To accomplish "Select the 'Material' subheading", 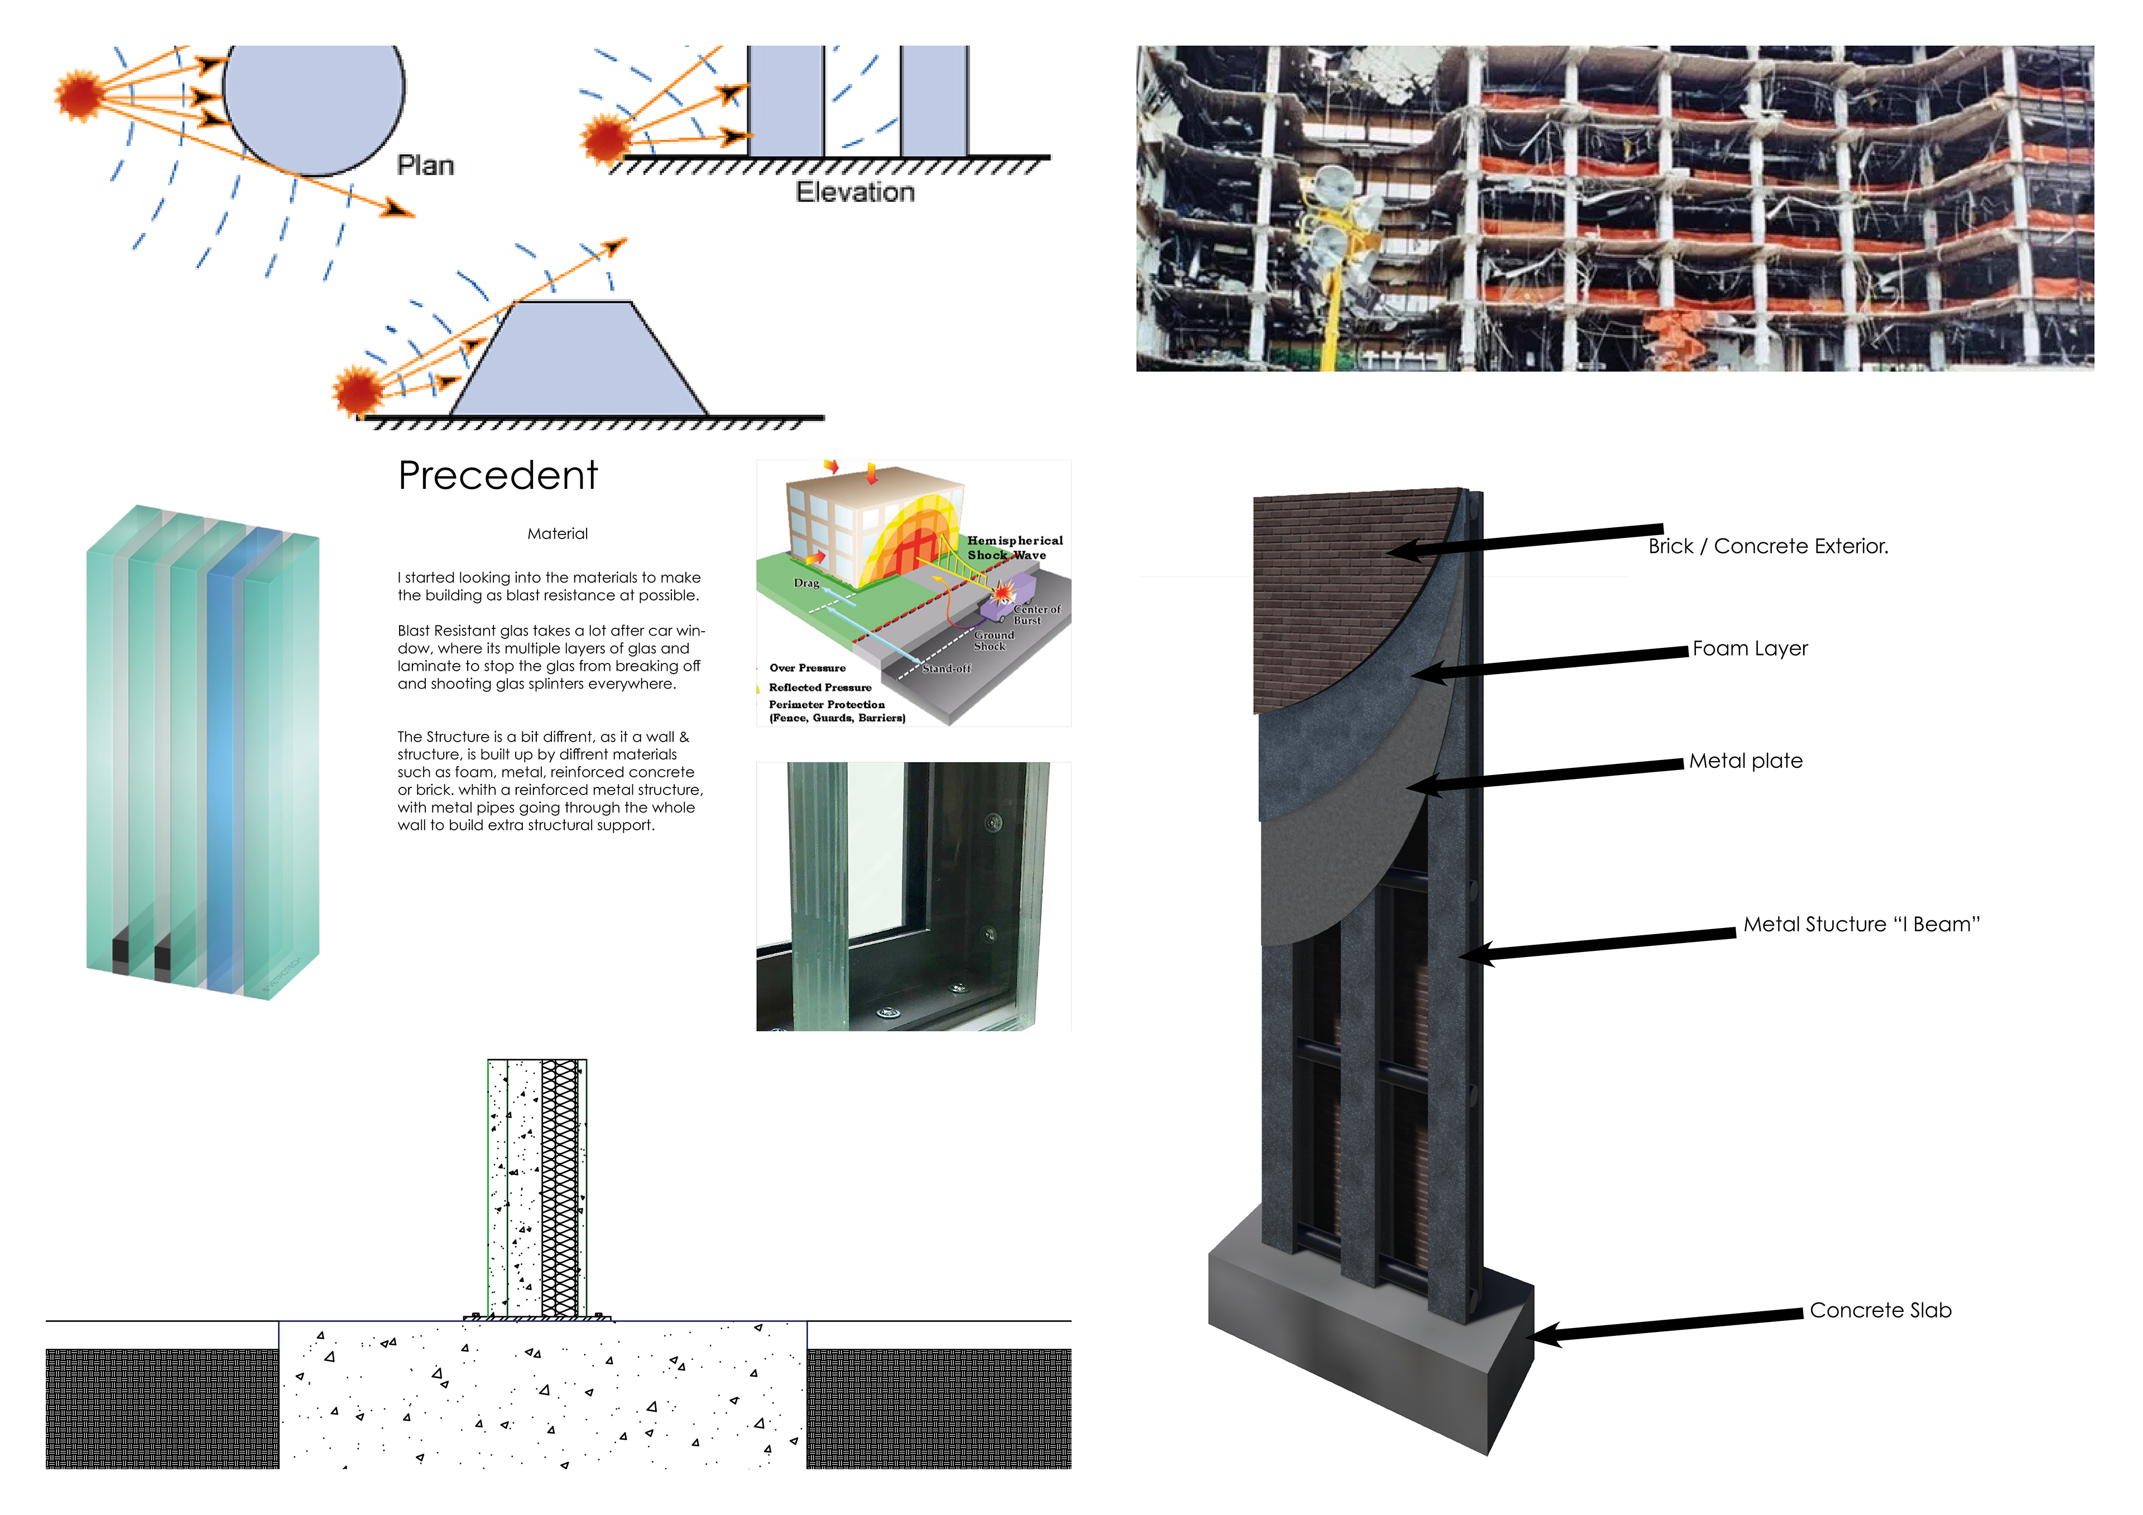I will (x=557, y=534).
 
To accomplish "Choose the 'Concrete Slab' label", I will (x=1879, y=1311).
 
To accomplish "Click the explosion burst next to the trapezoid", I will (x=358, y=389).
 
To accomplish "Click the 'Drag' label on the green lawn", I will (x=805, y=584).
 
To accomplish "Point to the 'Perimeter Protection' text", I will (x=826, y=705).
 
